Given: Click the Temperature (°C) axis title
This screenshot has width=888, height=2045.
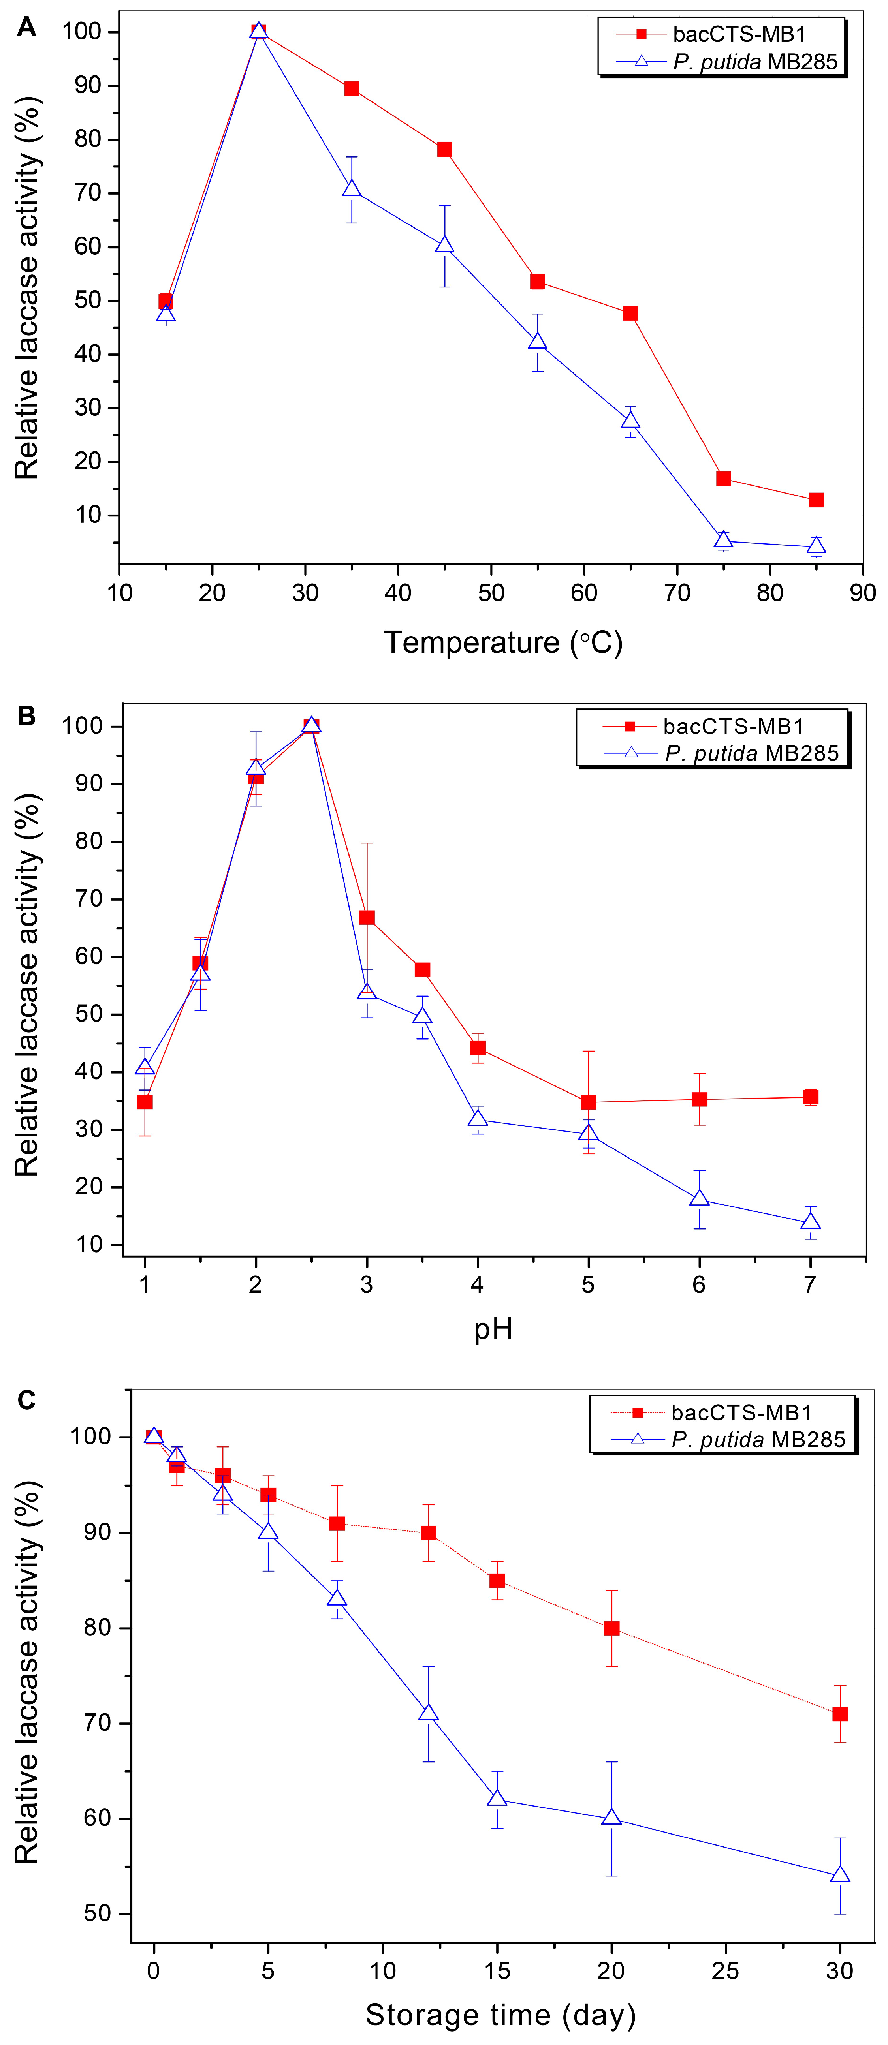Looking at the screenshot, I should [503, 642].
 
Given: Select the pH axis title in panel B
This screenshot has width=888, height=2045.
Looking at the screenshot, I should [493, 1328].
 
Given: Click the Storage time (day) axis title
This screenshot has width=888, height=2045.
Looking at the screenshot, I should [500, 2015].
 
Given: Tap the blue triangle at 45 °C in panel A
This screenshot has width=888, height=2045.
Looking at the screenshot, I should [445, 244].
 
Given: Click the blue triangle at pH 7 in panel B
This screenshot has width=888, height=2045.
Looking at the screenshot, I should [810, 1222].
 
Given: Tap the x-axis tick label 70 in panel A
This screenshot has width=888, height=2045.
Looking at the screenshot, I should [677, 593].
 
